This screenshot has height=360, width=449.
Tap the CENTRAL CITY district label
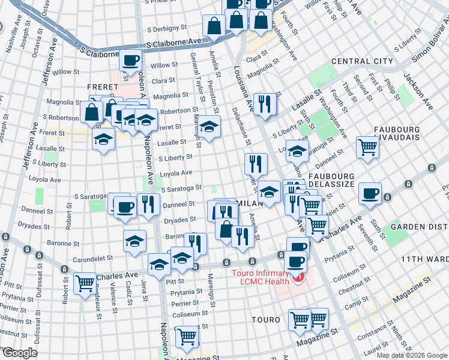[x=362, y=61]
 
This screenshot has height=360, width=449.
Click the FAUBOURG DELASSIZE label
[x=333, y=175]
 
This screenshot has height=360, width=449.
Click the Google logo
[x=19, y=353]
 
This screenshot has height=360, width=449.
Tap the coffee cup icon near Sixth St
[x=370, y=193]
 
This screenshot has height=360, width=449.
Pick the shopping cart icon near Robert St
[x=85, y=283]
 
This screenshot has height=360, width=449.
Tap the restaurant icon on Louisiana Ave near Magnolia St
[x=264, y=103]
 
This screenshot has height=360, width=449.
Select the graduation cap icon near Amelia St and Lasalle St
[x=209, y=127]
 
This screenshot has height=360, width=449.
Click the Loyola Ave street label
[x=175, y=173]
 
